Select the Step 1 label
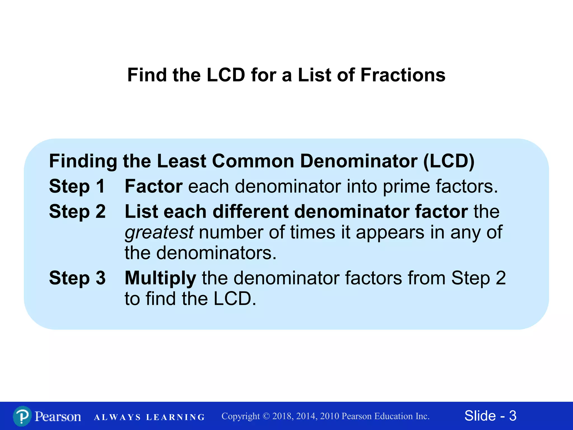click(x=77, y=186)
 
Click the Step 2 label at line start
click(x=77, y=211)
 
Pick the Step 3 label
click(x=77, y=278)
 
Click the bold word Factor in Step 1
click(x=154, y=186)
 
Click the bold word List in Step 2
click(x=141, y=211)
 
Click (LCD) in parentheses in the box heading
click(x=449, y=161)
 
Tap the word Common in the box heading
click(x=253, y=161)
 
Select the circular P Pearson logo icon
click(x=22, y=416)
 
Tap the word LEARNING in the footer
click(x=176, y=417)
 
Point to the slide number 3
click(x=513, y=416)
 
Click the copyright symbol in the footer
click(x=266, y=416)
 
